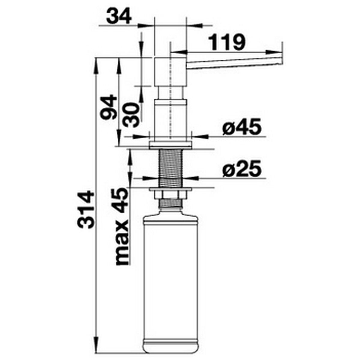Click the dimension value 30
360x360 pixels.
coord(132,115)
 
